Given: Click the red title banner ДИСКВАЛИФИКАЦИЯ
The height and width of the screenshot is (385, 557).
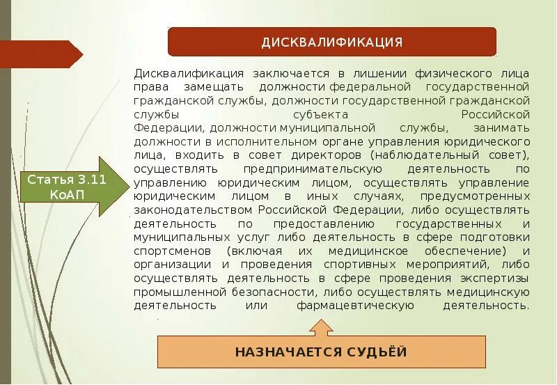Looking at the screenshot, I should [x=331, y=42].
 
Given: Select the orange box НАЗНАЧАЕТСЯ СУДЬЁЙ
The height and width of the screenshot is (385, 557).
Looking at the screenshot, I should [x=320, y=352].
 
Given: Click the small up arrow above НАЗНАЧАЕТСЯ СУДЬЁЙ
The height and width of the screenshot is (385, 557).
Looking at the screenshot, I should [x=320, y=327].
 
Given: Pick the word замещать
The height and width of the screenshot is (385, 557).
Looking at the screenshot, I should [x=213, y=87].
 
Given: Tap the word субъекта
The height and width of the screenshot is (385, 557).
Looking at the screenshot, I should [x=317, y=114].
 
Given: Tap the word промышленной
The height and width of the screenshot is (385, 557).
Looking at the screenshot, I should [x=176, y=292].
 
